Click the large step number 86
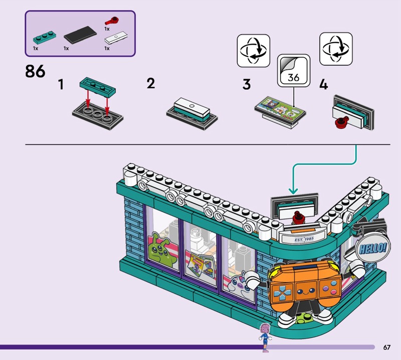click(x=35, y=71)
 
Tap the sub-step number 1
click(x=61, y=85)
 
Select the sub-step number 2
click(x=150, y=83)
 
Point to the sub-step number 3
click(x=246, y=85)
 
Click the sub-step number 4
click(x=323, y=85)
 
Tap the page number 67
click(x=386, y=347)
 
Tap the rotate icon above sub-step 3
click(x=253, y=50)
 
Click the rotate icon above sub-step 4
click(x=335, y=49)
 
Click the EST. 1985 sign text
click(x=303, y=239)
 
